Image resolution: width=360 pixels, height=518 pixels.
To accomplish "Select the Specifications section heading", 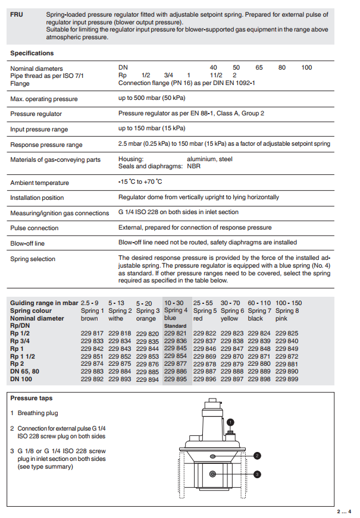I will click(x=32, y=53).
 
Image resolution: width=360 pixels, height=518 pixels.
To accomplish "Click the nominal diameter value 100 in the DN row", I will click(x=306, y=68).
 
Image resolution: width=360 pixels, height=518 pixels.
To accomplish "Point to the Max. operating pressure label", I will click(x=44, y=99).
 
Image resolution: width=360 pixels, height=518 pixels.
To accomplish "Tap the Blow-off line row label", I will click(x=27, y=243).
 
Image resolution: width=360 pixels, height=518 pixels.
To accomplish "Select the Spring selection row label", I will click(x=33, y=259).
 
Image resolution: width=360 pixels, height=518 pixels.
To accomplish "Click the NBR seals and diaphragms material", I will click(x=194, y=167).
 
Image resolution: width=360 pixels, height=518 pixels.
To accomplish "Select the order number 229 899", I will click(x=287, y=379).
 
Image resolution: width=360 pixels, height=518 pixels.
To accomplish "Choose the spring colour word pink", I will click(x=281, y=319).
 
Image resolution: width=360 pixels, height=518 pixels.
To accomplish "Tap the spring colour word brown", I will click(x=89, y=319).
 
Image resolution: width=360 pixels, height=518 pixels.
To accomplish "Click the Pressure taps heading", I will click(x=31, y=398).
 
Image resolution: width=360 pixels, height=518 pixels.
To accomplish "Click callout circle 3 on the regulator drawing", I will click(x=256, y=474).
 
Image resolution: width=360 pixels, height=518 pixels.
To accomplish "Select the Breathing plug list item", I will click(x=37, y=413).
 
